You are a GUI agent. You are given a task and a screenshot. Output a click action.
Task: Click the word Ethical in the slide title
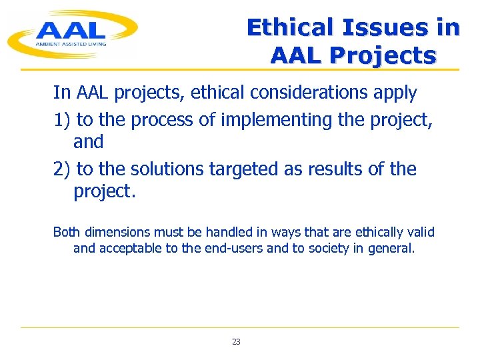click(290, 27)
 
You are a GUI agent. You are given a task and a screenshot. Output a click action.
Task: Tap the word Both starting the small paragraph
click(65, 232)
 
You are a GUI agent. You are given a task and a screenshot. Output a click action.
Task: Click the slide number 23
click(236, 341)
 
